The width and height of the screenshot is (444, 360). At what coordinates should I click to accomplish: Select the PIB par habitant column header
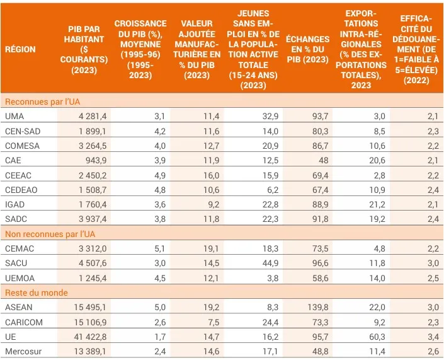[x=84, y=49]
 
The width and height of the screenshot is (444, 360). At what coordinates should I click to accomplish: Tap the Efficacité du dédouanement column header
[x=416, y=49]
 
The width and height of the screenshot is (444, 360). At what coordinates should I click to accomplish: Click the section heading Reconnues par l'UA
[x=42, y=102]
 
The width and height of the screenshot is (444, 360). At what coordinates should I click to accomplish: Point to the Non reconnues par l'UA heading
[x=50, y=234]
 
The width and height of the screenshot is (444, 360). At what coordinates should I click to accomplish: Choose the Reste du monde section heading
[x=36, y=293]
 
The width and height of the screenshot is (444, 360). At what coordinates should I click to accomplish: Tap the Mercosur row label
[x=23, y=351]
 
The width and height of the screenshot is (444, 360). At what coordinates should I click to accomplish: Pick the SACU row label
[x=17, y=263]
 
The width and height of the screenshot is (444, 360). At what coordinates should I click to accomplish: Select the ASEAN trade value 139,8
[x=316, y=307]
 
